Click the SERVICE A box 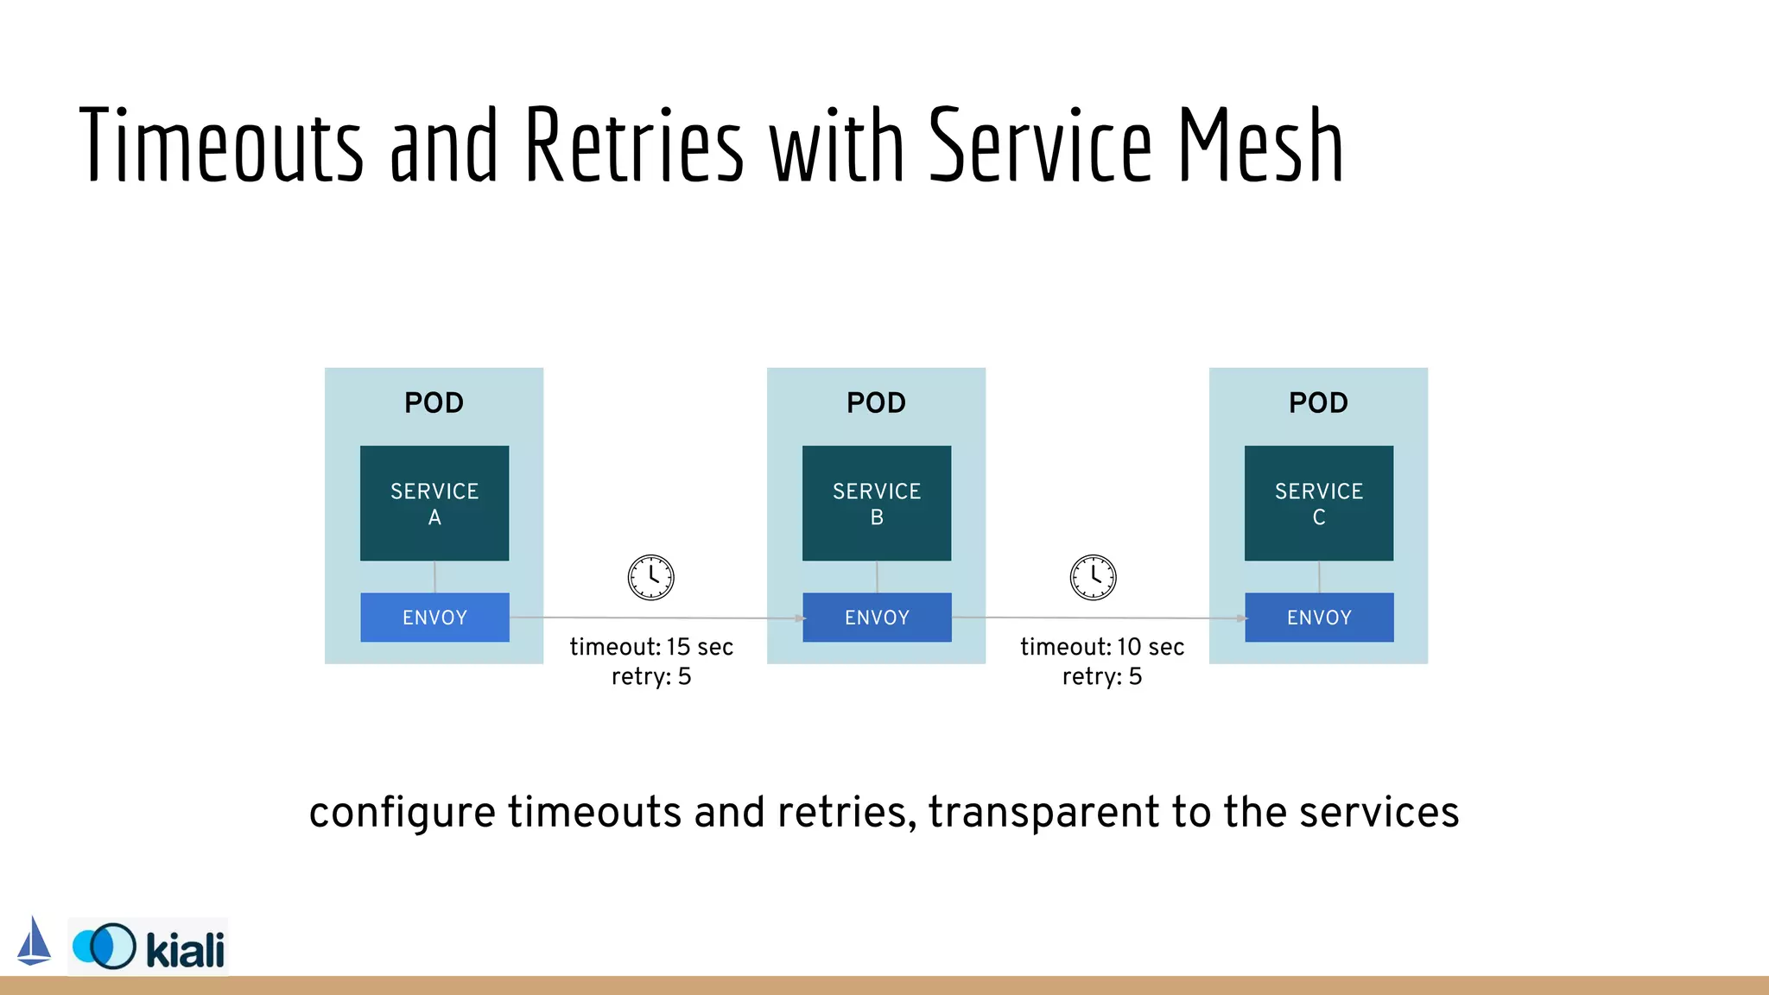point(434,503)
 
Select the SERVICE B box point(877,503)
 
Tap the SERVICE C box point(1319,503)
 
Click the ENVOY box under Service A point(434,617)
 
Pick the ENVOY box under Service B point(877,617)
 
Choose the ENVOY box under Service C point(1319,617)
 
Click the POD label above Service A point(434,402)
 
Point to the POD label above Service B point(877,402)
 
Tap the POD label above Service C point(1319,402)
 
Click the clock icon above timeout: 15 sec point(651,577)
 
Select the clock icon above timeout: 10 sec point(1094,577)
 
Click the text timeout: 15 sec point(651,647)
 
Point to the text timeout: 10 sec point(1102,647)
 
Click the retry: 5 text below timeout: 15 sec point(651,676)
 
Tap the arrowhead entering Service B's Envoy point(800,618)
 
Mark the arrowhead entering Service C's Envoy point(1242,618)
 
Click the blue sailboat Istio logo point(34,941)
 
